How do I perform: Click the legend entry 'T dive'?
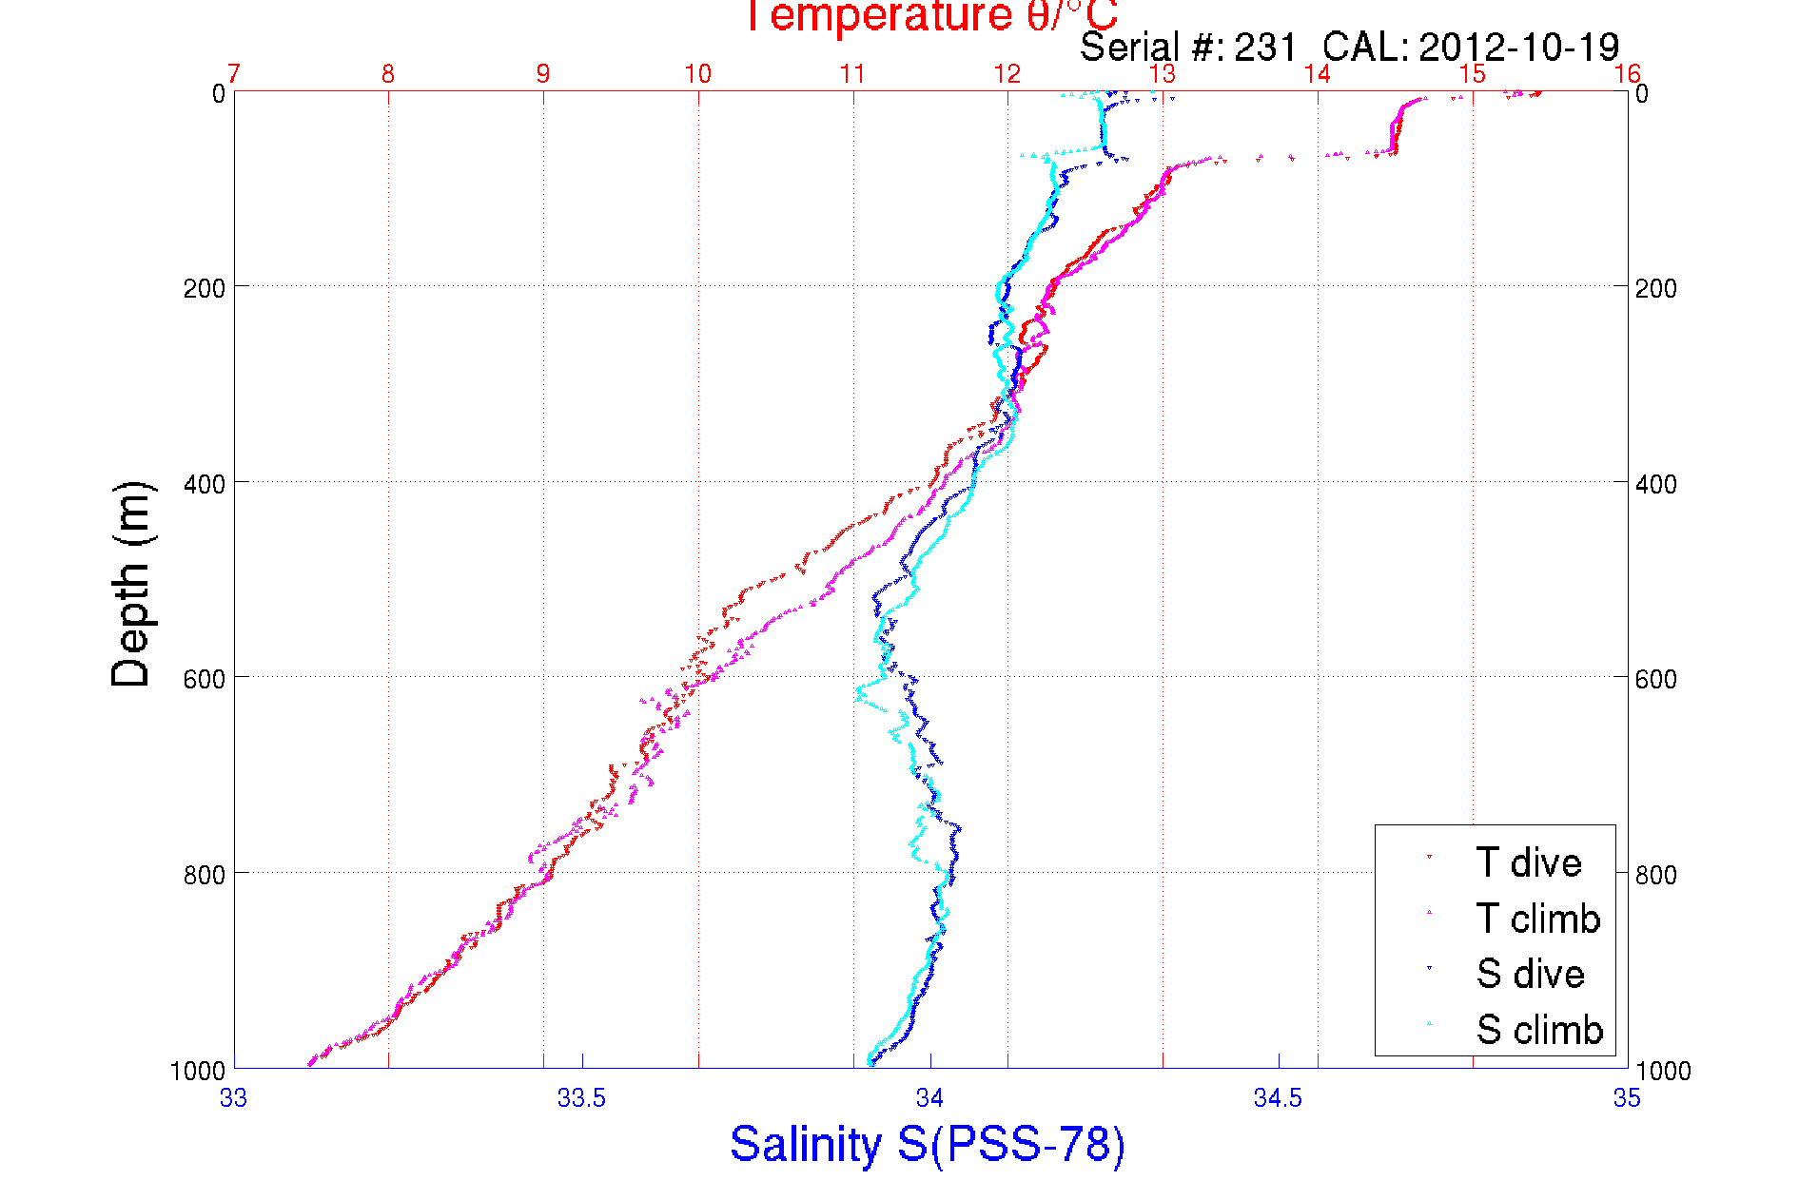pos(1528,862)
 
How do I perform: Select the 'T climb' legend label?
pos(1537,919)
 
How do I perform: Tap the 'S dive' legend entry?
pos(1530,974)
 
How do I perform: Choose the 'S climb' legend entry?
pos(1539,1030)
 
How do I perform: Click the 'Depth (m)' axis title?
pos(131,584)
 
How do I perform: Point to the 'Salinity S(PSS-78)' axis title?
pos(928,1144)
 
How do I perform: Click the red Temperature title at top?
pos(929,16)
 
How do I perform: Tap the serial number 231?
pos(1265,47)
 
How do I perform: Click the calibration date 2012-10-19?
pos(1518,47)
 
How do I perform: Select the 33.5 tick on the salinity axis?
pos(581,1098)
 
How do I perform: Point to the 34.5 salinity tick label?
pos(1278,1098)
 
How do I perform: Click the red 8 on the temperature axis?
pos(388,74)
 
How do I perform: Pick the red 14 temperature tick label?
pos(1317,74)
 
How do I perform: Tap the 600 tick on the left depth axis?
pos(204,679)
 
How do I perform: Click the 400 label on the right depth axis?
pos(1655,484)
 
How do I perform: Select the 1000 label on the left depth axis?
pos(198,1071)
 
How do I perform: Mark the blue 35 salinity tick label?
pos(1627,1098)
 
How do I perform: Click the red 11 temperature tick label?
pos(852,74)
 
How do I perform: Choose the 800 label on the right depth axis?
pos(1655,875)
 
